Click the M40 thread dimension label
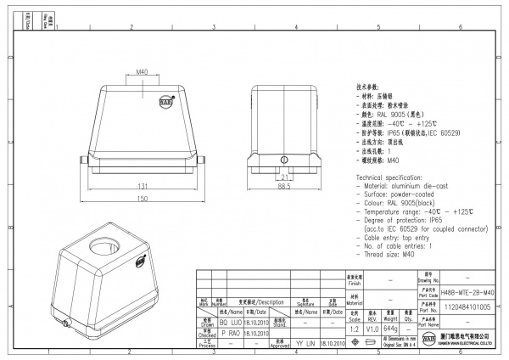pos(143,73)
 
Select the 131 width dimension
pos(145,185)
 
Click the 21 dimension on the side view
pos(285,177)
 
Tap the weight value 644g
pos(391,328)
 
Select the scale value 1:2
pos(353,328)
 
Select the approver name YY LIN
pos(306,345)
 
